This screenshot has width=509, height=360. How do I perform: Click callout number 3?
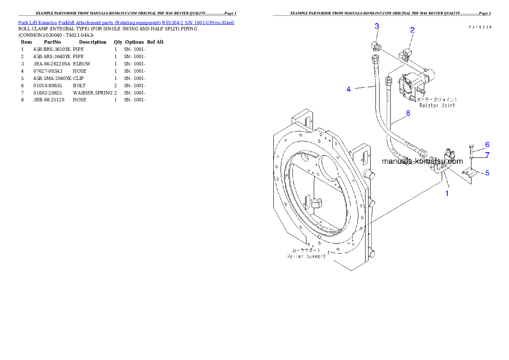(376, 26)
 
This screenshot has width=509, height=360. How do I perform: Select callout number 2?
(412, 30)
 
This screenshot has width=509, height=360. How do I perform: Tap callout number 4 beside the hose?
(349, 89)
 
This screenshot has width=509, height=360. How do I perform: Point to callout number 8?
(408, 113)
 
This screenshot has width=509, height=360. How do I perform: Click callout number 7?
(487, 155)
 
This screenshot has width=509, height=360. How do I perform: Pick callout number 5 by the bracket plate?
(487, 173)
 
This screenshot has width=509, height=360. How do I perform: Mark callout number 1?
(447, 193)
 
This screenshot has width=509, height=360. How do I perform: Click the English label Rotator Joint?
(437, 105)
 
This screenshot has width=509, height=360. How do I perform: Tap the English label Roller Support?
(306, 256)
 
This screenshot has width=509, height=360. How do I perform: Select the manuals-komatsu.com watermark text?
(422, 161)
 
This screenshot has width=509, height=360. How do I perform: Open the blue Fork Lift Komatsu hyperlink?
(126, 22)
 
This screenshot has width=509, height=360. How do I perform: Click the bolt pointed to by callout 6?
(471, 149)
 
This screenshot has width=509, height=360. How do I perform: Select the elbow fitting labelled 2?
(405, 54)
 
